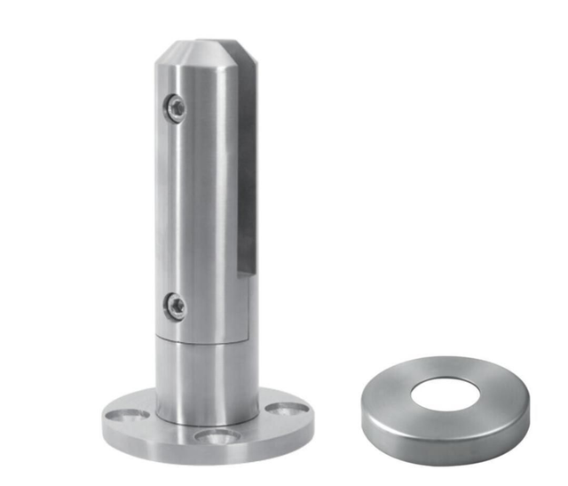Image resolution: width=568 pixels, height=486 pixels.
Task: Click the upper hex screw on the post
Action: (x=176, y=108)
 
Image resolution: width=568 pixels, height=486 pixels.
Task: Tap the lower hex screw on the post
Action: (x=176, y=307)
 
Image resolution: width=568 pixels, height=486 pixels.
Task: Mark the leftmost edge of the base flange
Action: (x=102, y=418)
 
